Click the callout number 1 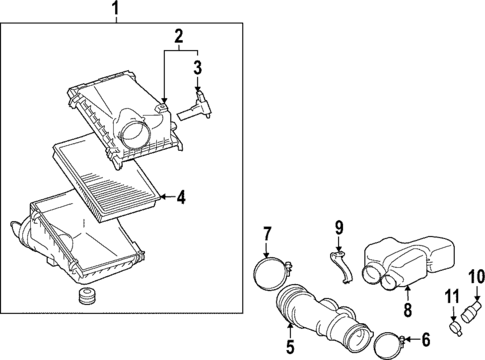[115, 12]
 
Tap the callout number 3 [198, 69]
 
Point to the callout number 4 [181, 197]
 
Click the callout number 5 [291, 348]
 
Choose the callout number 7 [267, 234]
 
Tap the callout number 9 [338, 227]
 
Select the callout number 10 [476, 276]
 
